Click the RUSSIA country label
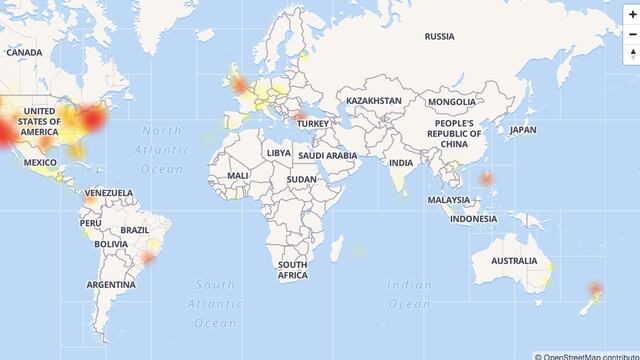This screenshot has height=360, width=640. [439, 36]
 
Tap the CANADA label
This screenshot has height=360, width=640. [24, 52]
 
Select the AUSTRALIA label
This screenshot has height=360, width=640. [514, 261]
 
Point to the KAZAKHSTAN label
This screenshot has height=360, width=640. [373, 101]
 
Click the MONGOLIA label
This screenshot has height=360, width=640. [451, 102]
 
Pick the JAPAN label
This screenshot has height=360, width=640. [522, 130]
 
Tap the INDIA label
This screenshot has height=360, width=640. [400, 162]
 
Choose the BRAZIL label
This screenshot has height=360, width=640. [134, 229]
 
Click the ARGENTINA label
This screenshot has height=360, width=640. [110, 285]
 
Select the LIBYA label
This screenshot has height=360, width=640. [279, 153]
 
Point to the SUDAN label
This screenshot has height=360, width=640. [301, 179]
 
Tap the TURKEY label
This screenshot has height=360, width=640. [313, 123]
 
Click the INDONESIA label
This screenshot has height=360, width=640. [473, 218]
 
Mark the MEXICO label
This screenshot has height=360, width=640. [40, 162]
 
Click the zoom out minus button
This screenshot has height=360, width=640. [632, 34]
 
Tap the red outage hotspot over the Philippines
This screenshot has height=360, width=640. [487, 180]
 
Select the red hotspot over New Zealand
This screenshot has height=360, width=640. [596, 290]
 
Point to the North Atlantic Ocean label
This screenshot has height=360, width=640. [162, 150]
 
